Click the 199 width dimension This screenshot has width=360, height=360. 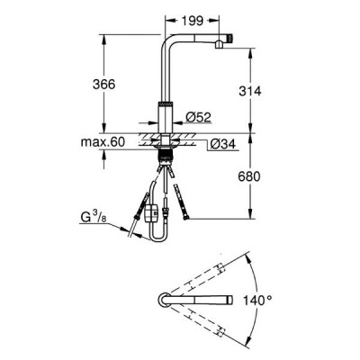193,21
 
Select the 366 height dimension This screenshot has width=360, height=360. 103,85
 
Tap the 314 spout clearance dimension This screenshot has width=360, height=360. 250,91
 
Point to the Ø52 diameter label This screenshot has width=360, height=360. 198,117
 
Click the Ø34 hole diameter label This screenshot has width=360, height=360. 222,145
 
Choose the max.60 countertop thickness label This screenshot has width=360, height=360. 103,142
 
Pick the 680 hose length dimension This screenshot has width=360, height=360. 249,176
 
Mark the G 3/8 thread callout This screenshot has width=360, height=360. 94,217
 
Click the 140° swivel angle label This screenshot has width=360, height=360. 257,300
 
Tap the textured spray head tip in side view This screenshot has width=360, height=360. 230,38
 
